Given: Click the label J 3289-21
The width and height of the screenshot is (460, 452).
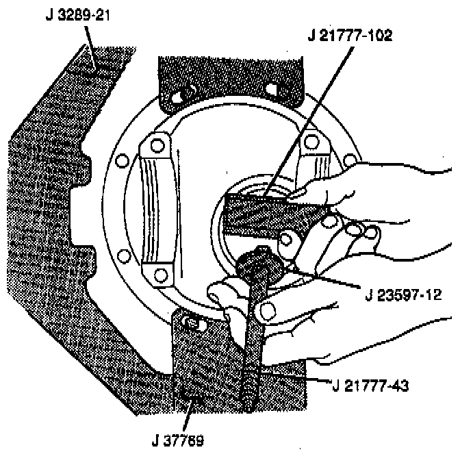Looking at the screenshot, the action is click(76, 14).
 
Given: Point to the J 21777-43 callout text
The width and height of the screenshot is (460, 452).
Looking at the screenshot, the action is click(370, 386).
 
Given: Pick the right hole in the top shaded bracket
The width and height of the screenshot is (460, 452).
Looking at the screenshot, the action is click(270, 89).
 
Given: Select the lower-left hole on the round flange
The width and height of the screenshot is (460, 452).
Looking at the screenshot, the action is click(123, 257).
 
